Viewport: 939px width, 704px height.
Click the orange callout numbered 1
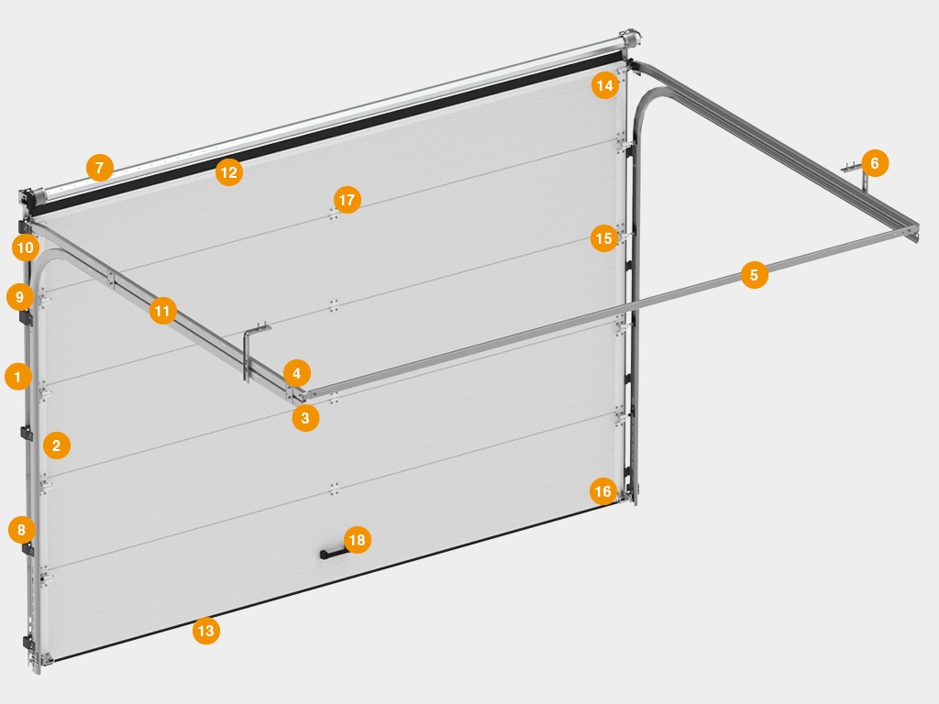tap(18, 377)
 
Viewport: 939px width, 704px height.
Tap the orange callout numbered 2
tap(57, 445)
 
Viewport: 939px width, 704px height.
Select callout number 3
tap(305, 418)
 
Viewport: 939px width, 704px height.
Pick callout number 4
tap(296, 374)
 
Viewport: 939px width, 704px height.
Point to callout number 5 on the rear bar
tap(754, 275)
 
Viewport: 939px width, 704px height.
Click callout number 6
tap(875, 163)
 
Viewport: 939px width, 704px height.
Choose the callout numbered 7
tap(100, 168)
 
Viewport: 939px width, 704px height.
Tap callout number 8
tap(22, 530)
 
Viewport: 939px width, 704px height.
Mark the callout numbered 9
tap(20, 297)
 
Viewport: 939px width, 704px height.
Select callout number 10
tap(25, 247)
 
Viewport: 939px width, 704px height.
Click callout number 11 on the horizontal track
tap(162, 311)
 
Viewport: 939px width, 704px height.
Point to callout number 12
tap(228, 172)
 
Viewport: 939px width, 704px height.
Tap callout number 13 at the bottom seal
tap(206, 631)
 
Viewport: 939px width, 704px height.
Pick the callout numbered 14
tap(605, 85)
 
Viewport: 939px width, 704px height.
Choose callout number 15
tap(603, 238)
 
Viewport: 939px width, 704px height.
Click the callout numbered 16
tap(603, 491)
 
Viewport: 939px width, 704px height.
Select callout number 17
tap(347, 199)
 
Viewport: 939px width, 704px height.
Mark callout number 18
tap(357, 540)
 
